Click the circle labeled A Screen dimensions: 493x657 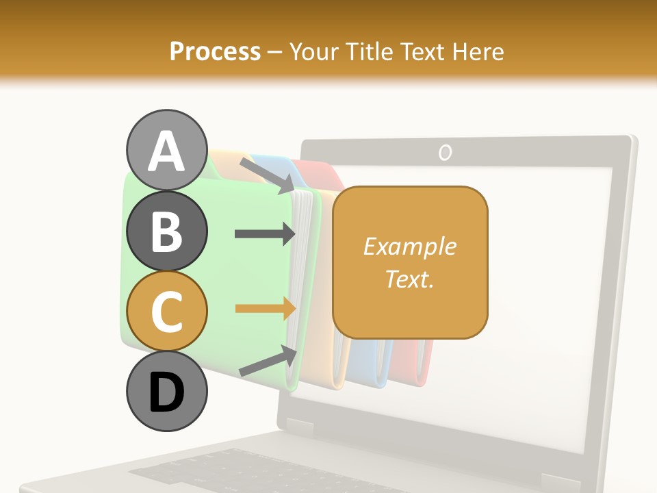pyautogui.click(x=166, y=150)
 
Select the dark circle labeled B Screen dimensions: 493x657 pyautogui.click(x=166, y=231)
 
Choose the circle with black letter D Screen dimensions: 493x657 pyautogui.click(x=166, y=391)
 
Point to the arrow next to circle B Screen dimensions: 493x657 pyautogui.click(x=264, y=233)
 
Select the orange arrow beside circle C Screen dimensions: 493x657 pyautogui.click(x=264, y=309)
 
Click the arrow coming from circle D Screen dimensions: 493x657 pyautogui.click(x=268, y=361)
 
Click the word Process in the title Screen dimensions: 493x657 pyautogui.click(x=215, y=51)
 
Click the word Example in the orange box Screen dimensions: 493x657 pyautogui.click(x=409, y=246)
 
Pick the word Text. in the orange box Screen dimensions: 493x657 pyautogui.click(x=409, y=279)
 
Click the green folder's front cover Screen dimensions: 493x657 pyautogui.click(x=205, y=274)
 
